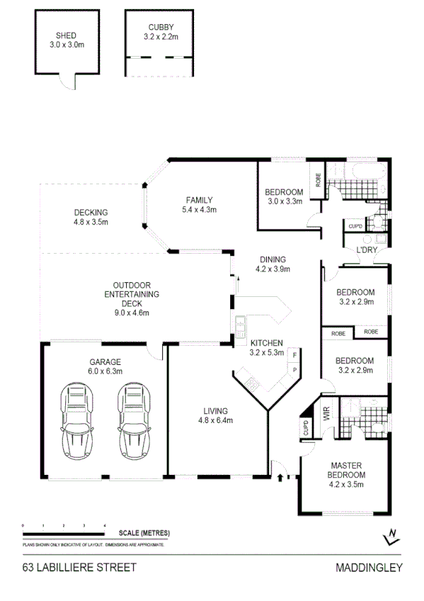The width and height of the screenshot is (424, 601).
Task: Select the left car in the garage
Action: [x=77, y=422]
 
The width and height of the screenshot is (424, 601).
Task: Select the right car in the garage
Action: [x=134, y=422]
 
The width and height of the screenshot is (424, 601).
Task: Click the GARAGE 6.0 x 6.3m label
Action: [x=105, y=365]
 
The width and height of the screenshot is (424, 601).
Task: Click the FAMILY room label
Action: [x=199, y=204]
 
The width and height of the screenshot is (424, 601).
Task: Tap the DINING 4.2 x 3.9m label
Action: [x=273, y=264]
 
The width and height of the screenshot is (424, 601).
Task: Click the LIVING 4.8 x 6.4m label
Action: [x=215, y=415]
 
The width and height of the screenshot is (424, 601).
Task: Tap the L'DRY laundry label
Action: [x=366, y=250]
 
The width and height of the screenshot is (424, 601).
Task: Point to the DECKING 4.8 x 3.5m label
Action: [x=91, y=217]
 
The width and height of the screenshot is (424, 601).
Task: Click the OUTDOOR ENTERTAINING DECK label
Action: [x=131, y=298]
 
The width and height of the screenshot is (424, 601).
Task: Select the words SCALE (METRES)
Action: [x=144, y=532]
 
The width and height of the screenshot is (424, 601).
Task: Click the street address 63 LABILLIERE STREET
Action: [x=79, y=567]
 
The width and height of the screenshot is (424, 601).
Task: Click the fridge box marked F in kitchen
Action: [x=294, y=354]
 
